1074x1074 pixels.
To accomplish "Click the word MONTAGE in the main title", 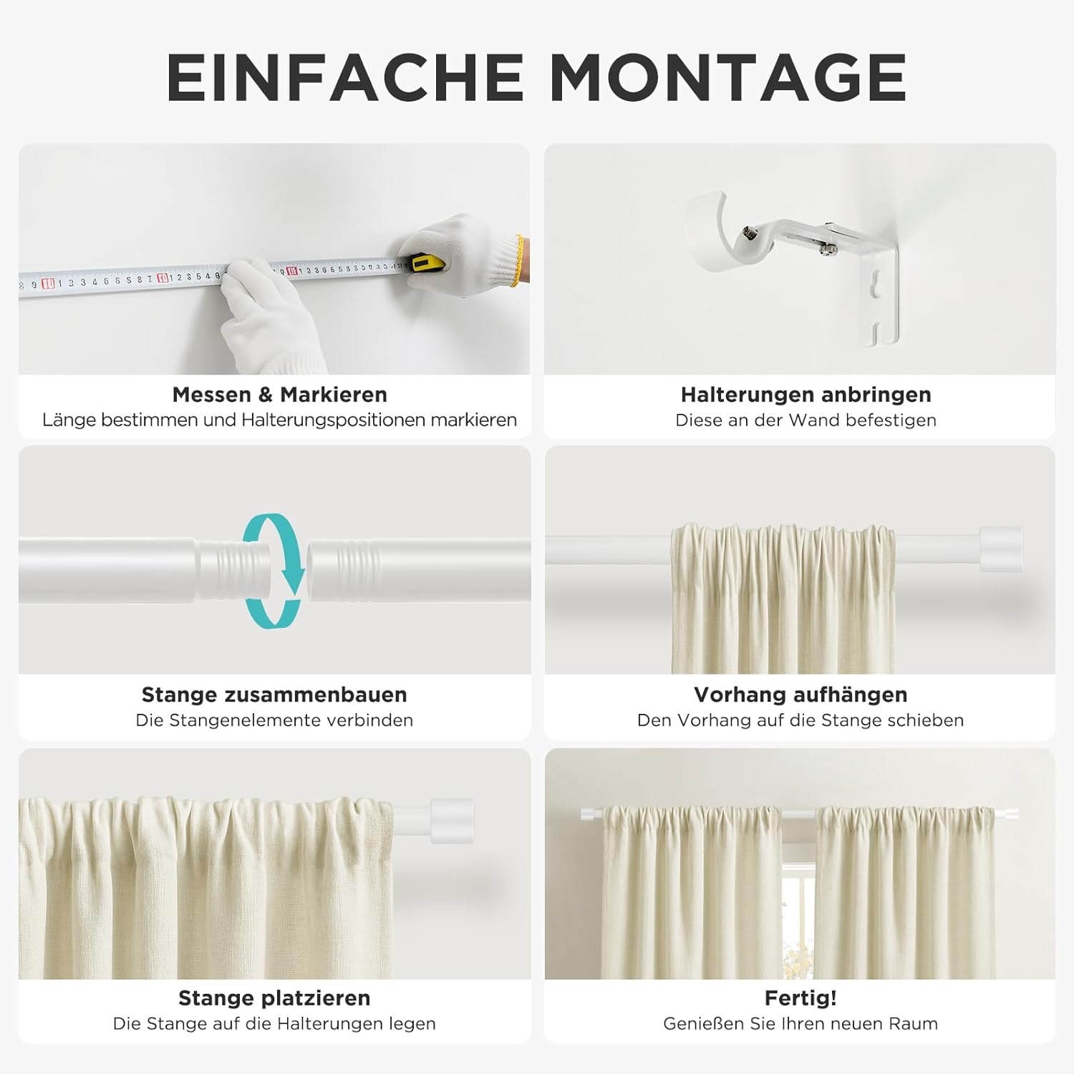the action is (x=728, y=77).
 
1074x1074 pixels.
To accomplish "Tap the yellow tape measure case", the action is (x=425, y=263).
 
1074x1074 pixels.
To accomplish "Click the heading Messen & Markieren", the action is (x=279, y=395).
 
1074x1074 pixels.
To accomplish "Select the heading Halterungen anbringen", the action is (x=805, y=395).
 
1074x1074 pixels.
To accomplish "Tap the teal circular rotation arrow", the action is (x=273, y=571).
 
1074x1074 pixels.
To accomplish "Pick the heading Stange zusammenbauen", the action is (x=274, y=695).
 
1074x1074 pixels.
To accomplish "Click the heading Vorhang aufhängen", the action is (x=800, y=695).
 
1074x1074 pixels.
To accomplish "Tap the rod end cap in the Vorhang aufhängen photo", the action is (x=1000, y=549).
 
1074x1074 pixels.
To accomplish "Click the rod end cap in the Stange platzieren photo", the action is (x=452, y=821).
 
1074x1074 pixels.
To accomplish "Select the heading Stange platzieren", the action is (x=274, y=998).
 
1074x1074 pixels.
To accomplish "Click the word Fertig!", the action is (x=800, y=998).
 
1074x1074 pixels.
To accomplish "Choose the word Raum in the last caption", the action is (x=914, y=1024).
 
